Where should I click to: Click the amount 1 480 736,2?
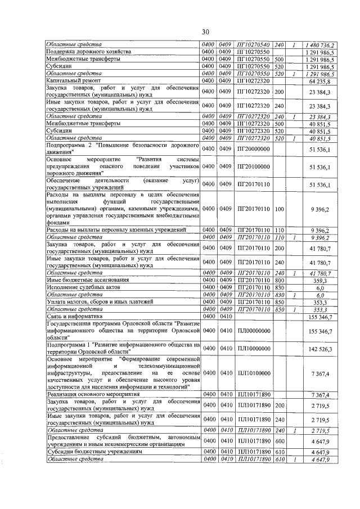click(x=320, y=44)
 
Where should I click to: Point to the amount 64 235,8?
click(x=323, y=81)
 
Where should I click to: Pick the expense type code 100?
click(x=279, y=209)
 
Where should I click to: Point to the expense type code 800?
click(x=279, y=280)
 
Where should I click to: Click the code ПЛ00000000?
click(x=253, y=332)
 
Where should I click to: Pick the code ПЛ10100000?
click(x=253, y=373)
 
